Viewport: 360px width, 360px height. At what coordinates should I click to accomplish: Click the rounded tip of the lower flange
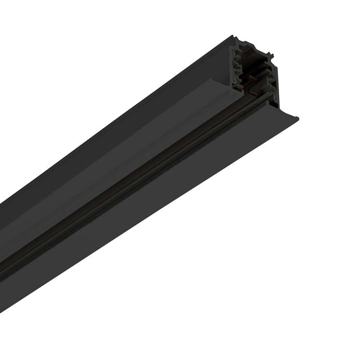[x=296, y=118]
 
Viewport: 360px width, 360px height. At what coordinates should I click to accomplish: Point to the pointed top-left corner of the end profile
[x=234, y=37]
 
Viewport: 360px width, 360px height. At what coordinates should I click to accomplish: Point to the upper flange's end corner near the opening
[x=230, y=89]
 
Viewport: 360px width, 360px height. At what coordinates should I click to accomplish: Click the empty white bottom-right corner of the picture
[x=347, y=347]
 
